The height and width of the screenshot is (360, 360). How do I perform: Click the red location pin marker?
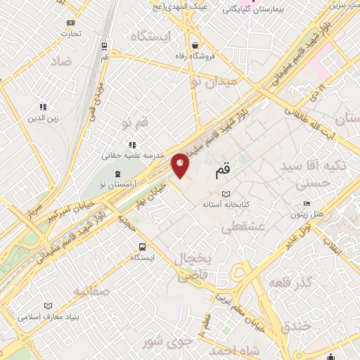tap(181, 165)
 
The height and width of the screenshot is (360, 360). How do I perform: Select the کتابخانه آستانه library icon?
tap(226, 194)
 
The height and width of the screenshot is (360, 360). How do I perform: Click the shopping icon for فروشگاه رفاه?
tap(195, 46)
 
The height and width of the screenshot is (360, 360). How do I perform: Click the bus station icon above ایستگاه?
tap(143, 247)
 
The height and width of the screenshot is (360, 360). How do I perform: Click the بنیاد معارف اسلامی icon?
tap(48, 306)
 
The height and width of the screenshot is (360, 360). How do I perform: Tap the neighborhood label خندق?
tap(296, 326)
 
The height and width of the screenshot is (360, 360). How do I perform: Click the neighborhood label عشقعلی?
tap(243, 227)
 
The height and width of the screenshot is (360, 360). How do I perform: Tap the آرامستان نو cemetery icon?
tap(117, 173)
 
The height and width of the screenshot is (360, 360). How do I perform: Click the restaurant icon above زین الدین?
tap(44, 107)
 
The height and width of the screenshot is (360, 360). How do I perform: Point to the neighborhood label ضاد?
tap(60, 62)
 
